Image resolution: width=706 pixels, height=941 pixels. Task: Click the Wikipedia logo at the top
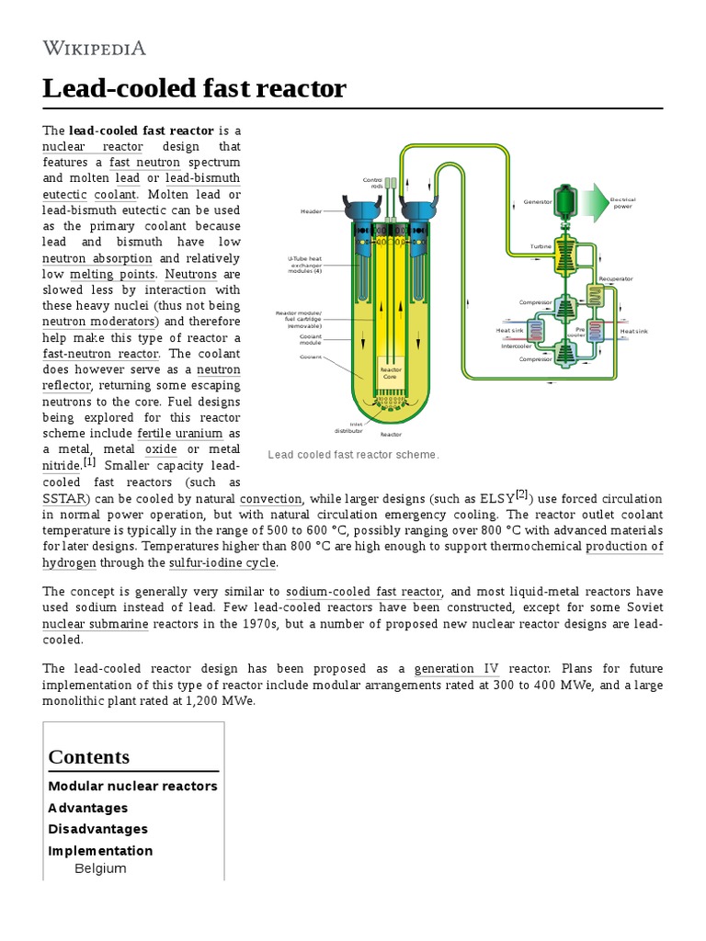[x=94, y=48]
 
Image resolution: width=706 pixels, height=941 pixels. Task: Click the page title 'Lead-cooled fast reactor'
[x=194, y=88]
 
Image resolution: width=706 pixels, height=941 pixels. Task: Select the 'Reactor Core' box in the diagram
[x=392, y=373]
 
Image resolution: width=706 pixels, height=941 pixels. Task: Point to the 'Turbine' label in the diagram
[x=541, y=246]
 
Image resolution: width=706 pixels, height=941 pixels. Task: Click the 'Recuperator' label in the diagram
[x=615, y=278]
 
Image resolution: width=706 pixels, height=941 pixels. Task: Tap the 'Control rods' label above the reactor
[x=371, y=183]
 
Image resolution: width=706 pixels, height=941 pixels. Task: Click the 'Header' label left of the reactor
[x=312, y=210]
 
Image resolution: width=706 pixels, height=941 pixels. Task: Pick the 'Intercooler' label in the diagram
[x=515, y=346]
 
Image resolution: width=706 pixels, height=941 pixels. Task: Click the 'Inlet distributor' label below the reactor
[x=350, y=426]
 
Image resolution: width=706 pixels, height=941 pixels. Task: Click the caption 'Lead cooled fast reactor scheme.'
[x=353, y=455]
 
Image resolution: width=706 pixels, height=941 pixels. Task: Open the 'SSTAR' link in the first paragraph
[x=64, y=499]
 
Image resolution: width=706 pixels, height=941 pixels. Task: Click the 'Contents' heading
[x=88, y=756]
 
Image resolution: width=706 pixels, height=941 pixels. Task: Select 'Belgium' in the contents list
[x=100, y=868]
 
